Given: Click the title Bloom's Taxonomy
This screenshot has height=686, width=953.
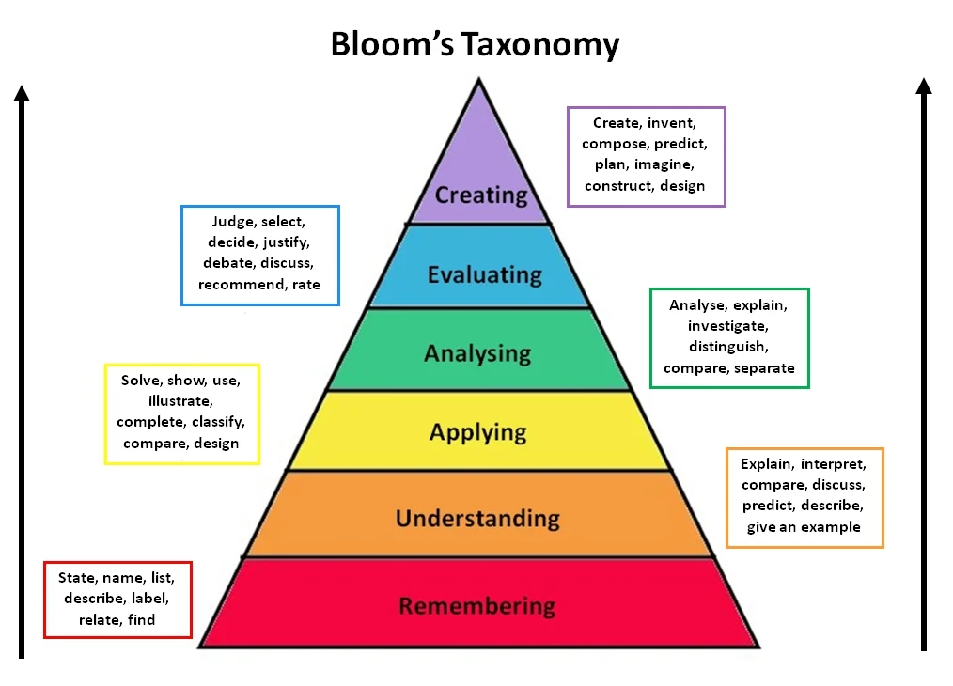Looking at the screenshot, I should [x=475, y=44].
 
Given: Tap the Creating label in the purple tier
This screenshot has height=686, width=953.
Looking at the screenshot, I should [x=481, y=195].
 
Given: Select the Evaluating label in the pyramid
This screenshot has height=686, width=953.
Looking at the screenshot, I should [x=484, y=274].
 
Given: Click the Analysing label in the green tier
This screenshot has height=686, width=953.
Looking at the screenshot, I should [x=477, y=353].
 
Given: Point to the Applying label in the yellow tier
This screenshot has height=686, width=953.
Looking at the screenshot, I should [x=477, y=432].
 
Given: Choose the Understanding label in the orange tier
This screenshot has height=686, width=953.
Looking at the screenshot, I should [x=477, y=518].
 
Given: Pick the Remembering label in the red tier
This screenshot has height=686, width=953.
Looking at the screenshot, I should [x=477, y=605].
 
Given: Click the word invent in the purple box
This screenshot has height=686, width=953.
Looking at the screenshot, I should [x=672, y=123].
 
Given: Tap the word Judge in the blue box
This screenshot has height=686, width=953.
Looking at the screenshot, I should [x=232, y=222].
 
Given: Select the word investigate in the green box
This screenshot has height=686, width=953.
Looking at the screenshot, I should [x=728, y=326].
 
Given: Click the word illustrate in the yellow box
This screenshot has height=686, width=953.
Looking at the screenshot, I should [x=180, y=401].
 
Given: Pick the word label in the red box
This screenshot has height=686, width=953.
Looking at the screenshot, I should [x=152, y=599].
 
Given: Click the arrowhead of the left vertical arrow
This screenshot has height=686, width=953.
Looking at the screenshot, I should [x=23, y=92].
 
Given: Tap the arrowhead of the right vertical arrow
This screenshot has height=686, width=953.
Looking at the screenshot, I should [x=924, y=86].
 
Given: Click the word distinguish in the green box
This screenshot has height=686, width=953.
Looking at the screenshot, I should [x=728, y=347].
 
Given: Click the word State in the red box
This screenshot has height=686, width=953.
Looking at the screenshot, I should [x=78, y=578].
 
